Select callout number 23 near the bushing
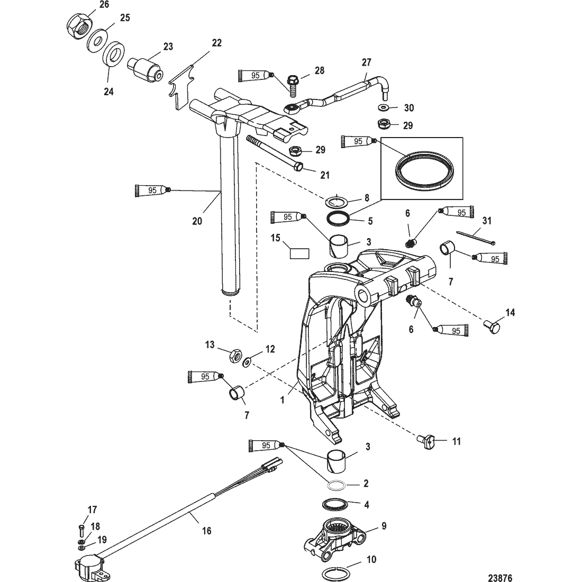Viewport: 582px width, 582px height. click(168, 47)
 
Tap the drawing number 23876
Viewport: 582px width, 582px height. click(500, 578)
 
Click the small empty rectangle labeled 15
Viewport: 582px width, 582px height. click(299, 253)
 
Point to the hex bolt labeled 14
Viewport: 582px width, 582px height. click(493, 326)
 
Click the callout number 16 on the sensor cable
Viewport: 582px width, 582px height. click(206, 531)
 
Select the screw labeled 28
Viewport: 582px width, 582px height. click(293, 85)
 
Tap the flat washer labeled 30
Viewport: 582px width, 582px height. click(383, 107)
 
